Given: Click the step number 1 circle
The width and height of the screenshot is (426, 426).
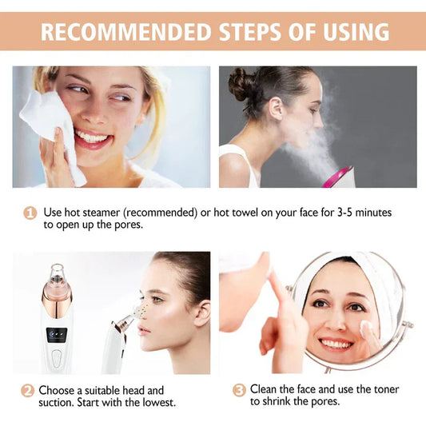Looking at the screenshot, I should pos(30,213).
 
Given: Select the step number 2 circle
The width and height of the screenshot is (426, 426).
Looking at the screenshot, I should pos(27,391).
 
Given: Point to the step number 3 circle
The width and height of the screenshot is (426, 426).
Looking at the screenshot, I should pos(239,390).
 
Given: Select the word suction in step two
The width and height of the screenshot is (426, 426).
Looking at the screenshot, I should pos(56,403).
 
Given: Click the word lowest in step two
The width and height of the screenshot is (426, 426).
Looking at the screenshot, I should pos(157,403).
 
